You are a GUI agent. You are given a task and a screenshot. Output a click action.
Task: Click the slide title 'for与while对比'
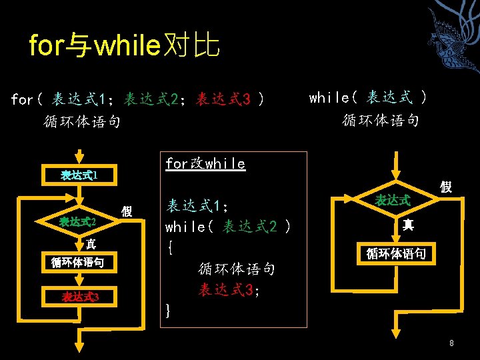(x=124, y=46)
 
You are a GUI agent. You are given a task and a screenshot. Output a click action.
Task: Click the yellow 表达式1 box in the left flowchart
(x=79, y=175)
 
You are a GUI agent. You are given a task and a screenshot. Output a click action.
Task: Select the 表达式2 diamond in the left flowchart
(x=79, y=221)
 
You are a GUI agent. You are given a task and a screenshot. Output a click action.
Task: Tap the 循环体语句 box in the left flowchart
(x=79, y=262)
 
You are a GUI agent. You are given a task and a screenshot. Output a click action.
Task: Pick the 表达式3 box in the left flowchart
(x=79, y=297)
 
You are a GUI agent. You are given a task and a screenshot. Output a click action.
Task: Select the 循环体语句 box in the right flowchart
(x=400, y=253)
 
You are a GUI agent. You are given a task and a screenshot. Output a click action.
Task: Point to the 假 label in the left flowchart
(x=127, y=211)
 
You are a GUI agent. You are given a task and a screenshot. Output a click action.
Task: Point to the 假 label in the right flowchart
(x=445, y=187)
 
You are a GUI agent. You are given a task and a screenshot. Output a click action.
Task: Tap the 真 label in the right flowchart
(x=408, y=225)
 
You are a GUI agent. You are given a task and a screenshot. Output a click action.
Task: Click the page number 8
(x=451, y=343)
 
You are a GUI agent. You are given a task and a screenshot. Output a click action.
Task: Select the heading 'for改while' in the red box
(x=205, y=164)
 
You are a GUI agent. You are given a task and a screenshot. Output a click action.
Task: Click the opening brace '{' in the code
(x=171, y=248)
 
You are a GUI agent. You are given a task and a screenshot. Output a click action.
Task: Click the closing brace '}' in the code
(x=168, y=310)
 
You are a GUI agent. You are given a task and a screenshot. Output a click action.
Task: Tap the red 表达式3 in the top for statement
(x=223, y=100)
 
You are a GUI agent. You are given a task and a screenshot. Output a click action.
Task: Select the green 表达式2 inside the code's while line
(x=250, y=227)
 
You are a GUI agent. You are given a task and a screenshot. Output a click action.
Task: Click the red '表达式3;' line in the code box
(x=229, y=290)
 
